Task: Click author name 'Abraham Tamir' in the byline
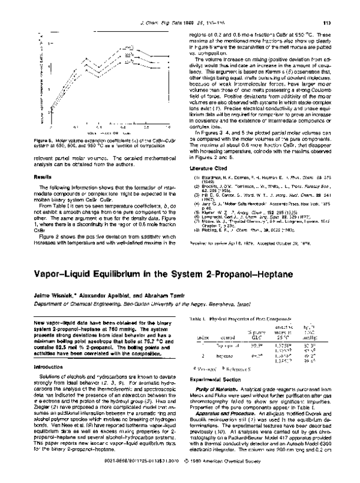(154, 296)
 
